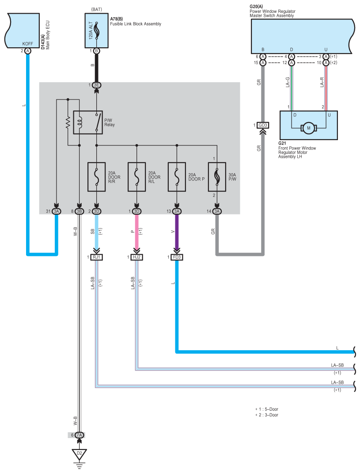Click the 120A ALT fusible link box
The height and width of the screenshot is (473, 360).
coord(96,30)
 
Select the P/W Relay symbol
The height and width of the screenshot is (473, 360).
coord(88,122)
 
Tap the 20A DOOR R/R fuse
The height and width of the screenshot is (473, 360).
coord(96,177)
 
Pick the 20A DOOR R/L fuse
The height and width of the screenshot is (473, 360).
coord(136,177)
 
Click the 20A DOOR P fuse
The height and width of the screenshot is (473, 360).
coord(177,177)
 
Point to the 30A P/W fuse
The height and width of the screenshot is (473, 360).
coord(217,177)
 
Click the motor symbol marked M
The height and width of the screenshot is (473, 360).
coord(309,128)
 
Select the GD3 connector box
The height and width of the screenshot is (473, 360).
coord(263,125)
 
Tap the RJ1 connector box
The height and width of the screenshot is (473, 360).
coord(96,257)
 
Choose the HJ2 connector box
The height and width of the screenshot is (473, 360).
coord(136,257)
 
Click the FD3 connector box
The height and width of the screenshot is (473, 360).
coord(177,257)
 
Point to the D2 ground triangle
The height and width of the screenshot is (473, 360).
coord(80,454)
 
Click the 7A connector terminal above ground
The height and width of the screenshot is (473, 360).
coord(80,435)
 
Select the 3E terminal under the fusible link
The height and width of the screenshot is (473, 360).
coord(96,85)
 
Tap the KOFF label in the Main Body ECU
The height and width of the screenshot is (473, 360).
coord(28,44)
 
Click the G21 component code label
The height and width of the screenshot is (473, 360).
coord(282,143)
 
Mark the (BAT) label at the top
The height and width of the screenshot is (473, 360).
coord(96,9)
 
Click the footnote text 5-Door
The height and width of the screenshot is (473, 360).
coord(271,409)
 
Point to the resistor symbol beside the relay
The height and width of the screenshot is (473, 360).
coord(68,122)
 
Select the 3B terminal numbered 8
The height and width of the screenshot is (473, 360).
coord(80,211)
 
